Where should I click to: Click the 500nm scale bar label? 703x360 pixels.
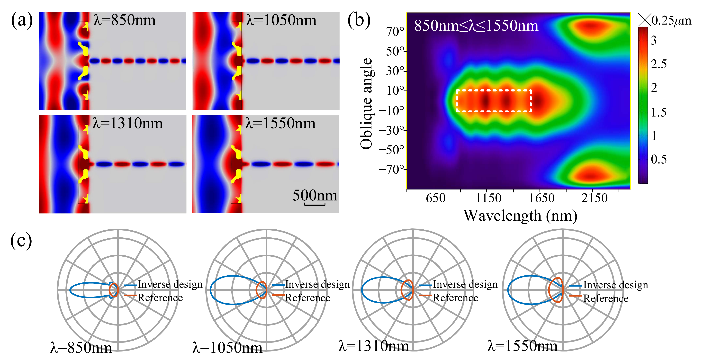click(x=315, y=195)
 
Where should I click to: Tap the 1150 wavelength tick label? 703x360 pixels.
click(x=488, y=198)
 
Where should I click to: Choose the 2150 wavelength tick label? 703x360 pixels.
click(x=594, y=198)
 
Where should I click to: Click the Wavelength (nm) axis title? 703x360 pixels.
click(x=520, y=216)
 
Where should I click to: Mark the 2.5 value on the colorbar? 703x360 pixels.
click(x=658, y=64)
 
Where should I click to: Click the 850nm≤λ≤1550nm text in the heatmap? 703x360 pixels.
click(x=476, y=26)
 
